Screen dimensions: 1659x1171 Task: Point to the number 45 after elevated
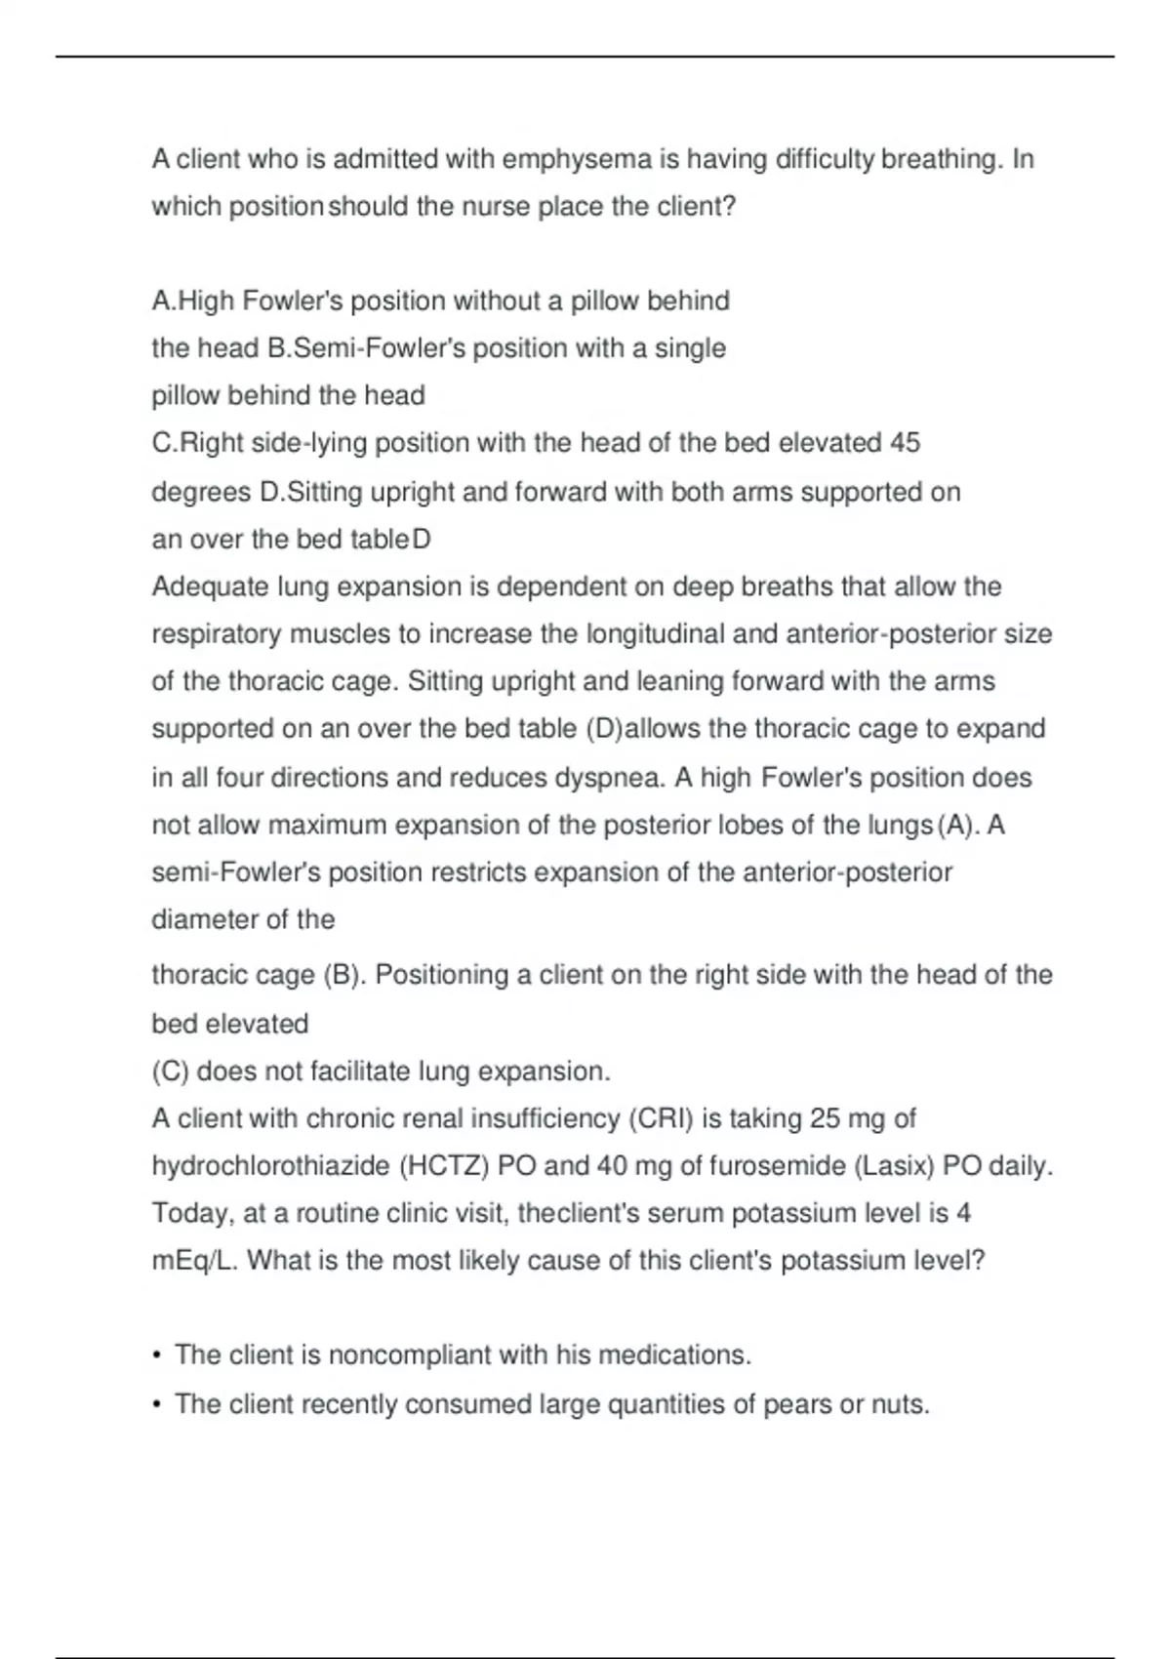coord(905,443)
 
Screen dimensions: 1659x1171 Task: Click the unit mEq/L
coord(194,1261)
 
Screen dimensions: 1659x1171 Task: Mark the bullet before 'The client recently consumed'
coord(157,1404)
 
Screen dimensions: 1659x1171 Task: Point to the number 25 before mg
coord(825,1118)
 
